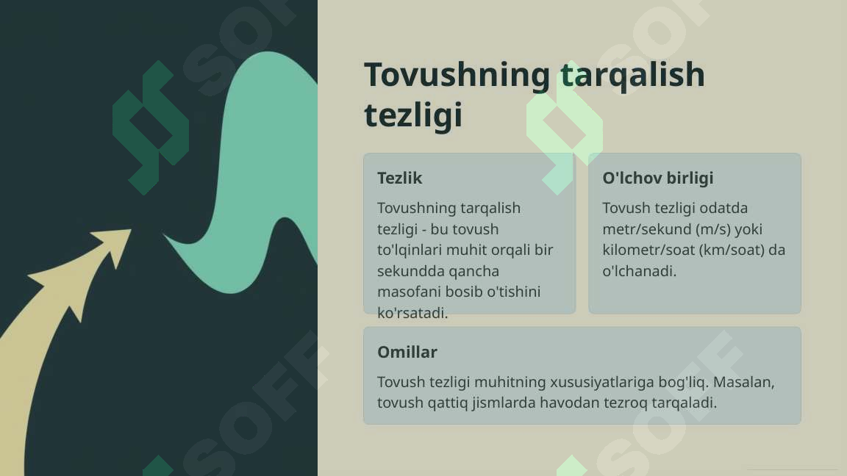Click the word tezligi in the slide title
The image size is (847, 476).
tap(413, 115)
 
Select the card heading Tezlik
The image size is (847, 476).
tap(399, 178)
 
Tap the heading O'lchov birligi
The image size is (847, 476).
tap(657, 178)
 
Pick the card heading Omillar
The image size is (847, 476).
tap(407, 352)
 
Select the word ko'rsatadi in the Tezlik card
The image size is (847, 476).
tap(411, 313)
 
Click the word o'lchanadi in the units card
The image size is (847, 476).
tap(637, 271)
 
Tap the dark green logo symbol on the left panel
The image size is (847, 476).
tap(151, 128)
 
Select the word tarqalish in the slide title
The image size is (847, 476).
tap(632, 75)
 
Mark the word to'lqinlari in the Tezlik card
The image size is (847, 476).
tap(412, 250)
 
